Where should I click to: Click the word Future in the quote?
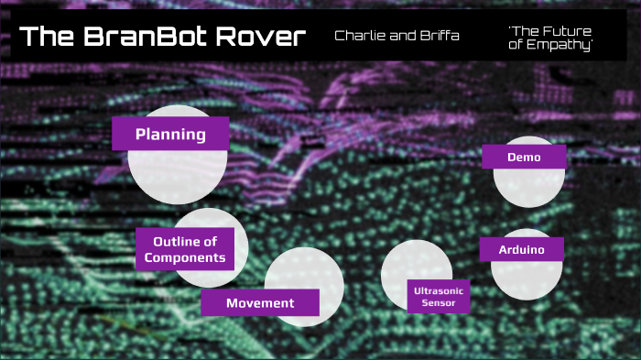point(566,30)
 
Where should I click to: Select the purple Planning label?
point(169,135)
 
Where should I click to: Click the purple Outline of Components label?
point(184,249)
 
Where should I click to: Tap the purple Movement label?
point(260,303)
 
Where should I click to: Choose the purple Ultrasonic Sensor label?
point(439,296)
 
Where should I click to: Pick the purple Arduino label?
point(521,249)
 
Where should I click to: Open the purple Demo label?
point(523,157)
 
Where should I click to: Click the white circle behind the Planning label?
point(177,174)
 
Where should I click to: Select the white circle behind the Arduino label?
point(525,278)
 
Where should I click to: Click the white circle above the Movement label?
point(307,270)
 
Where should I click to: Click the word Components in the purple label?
point(184,257)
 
